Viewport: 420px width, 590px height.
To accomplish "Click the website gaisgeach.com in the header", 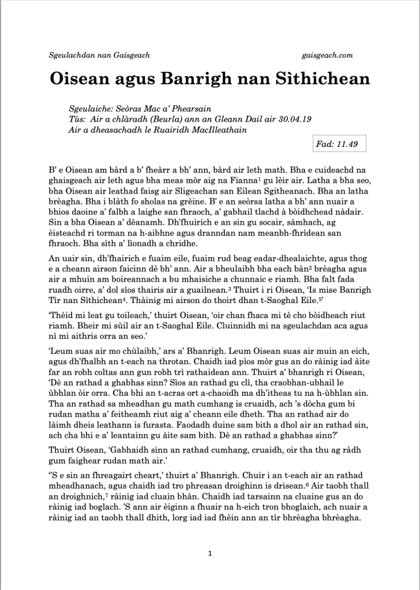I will pos(327,55).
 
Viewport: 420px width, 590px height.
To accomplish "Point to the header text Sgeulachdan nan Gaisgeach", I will pos(100,55).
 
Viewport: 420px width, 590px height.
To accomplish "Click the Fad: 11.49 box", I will pos(337,144).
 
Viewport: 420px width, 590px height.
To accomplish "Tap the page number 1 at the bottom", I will pos(210,554).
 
